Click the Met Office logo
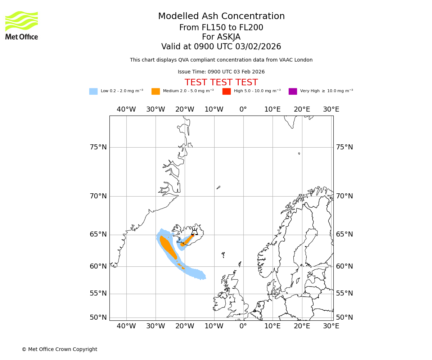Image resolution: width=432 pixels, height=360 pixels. pos(22,25)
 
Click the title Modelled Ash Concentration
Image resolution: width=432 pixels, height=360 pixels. pos(221,17)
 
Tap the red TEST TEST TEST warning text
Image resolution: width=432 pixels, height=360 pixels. pos(221,82)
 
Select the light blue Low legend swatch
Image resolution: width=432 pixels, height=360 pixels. pos(93,91)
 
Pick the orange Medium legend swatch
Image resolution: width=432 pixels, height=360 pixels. pos(156,91)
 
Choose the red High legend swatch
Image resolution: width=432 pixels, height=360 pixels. pos(226,91)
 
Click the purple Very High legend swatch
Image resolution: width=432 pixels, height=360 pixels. pos(293,91)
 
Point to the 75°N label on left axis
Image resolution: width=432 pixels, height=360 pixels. pos(98,147)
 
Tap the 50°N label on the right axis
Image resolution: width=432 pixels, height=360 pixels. pos(345,318)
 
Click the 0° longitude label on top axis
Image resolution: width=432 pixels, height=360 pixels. pos(243,109)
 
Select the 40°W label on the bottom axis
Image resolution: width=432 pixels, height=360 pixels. pos(126,326)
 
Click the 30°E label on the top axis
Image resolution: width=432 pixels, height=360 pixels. pos(331,109)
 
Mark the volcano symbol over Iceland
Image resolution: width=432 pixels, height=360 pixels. pos(195,232)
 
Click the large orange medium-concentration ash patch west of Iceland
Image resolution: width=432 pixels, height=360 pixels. pos(167,246)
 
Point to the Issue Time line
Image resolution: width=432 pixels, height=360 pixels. pos(221,72)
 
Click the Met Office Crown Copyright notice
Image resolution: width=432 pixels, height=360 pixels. pos(59,349)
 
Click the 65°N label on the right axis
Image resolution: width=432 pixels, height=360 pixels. pos(345,234)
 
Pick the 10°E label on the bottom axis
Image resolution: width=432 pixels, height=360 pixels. pos(273,326)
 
